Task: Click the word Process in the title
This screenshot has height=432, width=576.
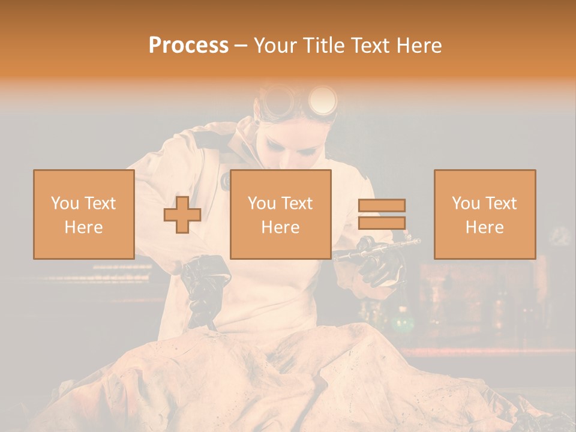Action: pyautogui.click(x=188, y=46)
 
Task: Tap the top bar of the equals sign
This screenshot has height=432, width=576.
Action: pyautogui.click(x=382, y=205)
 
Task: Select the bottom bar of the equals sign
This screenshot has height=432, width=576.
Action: pyautogui.click(x=382, y=223)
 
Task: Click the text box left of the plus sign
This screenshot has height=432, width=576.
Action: pyautogui.click(x=84, y=214)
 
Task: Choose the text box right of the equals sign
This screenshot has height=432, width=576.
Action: pyautogui.click(x=485, y=214)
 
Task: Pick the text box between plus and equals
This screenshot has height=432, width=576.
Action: pyautogui.click(x=281, y=214)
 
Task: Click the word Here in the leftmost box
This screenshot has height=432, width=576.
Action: pyautogui.click(x=84, y=227)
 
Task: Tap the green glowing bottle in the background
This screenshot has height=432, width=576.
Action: pyautogui.click(x=400, y=324)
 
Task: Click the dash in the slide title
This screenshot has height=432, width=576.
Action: pyautogui.click(x=241, y=46)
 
